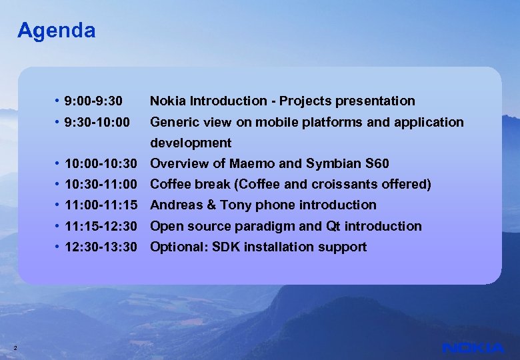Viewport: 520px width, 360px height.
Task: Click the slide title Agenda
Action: pyautogui.click(x=56, y=31)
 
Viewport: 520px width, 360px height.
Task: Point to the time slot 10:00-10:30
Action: pyautogui.click(x=101, y=164)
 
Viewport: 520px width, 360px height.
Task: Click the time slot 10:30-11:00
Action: pyautogui.click(x=101, y=185)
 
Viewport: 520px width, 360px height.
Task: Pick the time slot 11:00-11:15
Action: pyautogui.click(x=101, y=205)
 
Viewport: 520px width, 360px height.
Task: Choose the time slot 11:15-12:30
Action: pyautogui.click(x=101, y=227)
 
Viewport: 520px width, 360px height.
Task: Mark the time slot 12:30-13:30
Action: pyautogui.click(x=101, y=247)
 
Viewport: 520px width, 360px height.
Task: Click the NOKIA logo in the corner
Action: pyautogui.click(x=473, y=348)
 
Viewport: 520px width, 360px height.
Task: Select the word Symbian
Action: pyautogui.click(x=323, y=164)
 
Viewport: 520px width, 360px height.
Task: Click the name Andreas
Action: pyautogui.click(x=176, y=205)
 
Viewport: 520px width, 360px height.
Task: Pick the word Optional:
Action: pyautogui.click(x=177, y=247)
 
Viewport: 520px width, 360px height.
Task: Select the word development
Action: pyautogui.click(x=191, y=143)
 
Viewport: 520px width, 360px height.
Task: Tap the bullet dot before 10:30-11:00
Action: pyautogui.click(x=59, y=185)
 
